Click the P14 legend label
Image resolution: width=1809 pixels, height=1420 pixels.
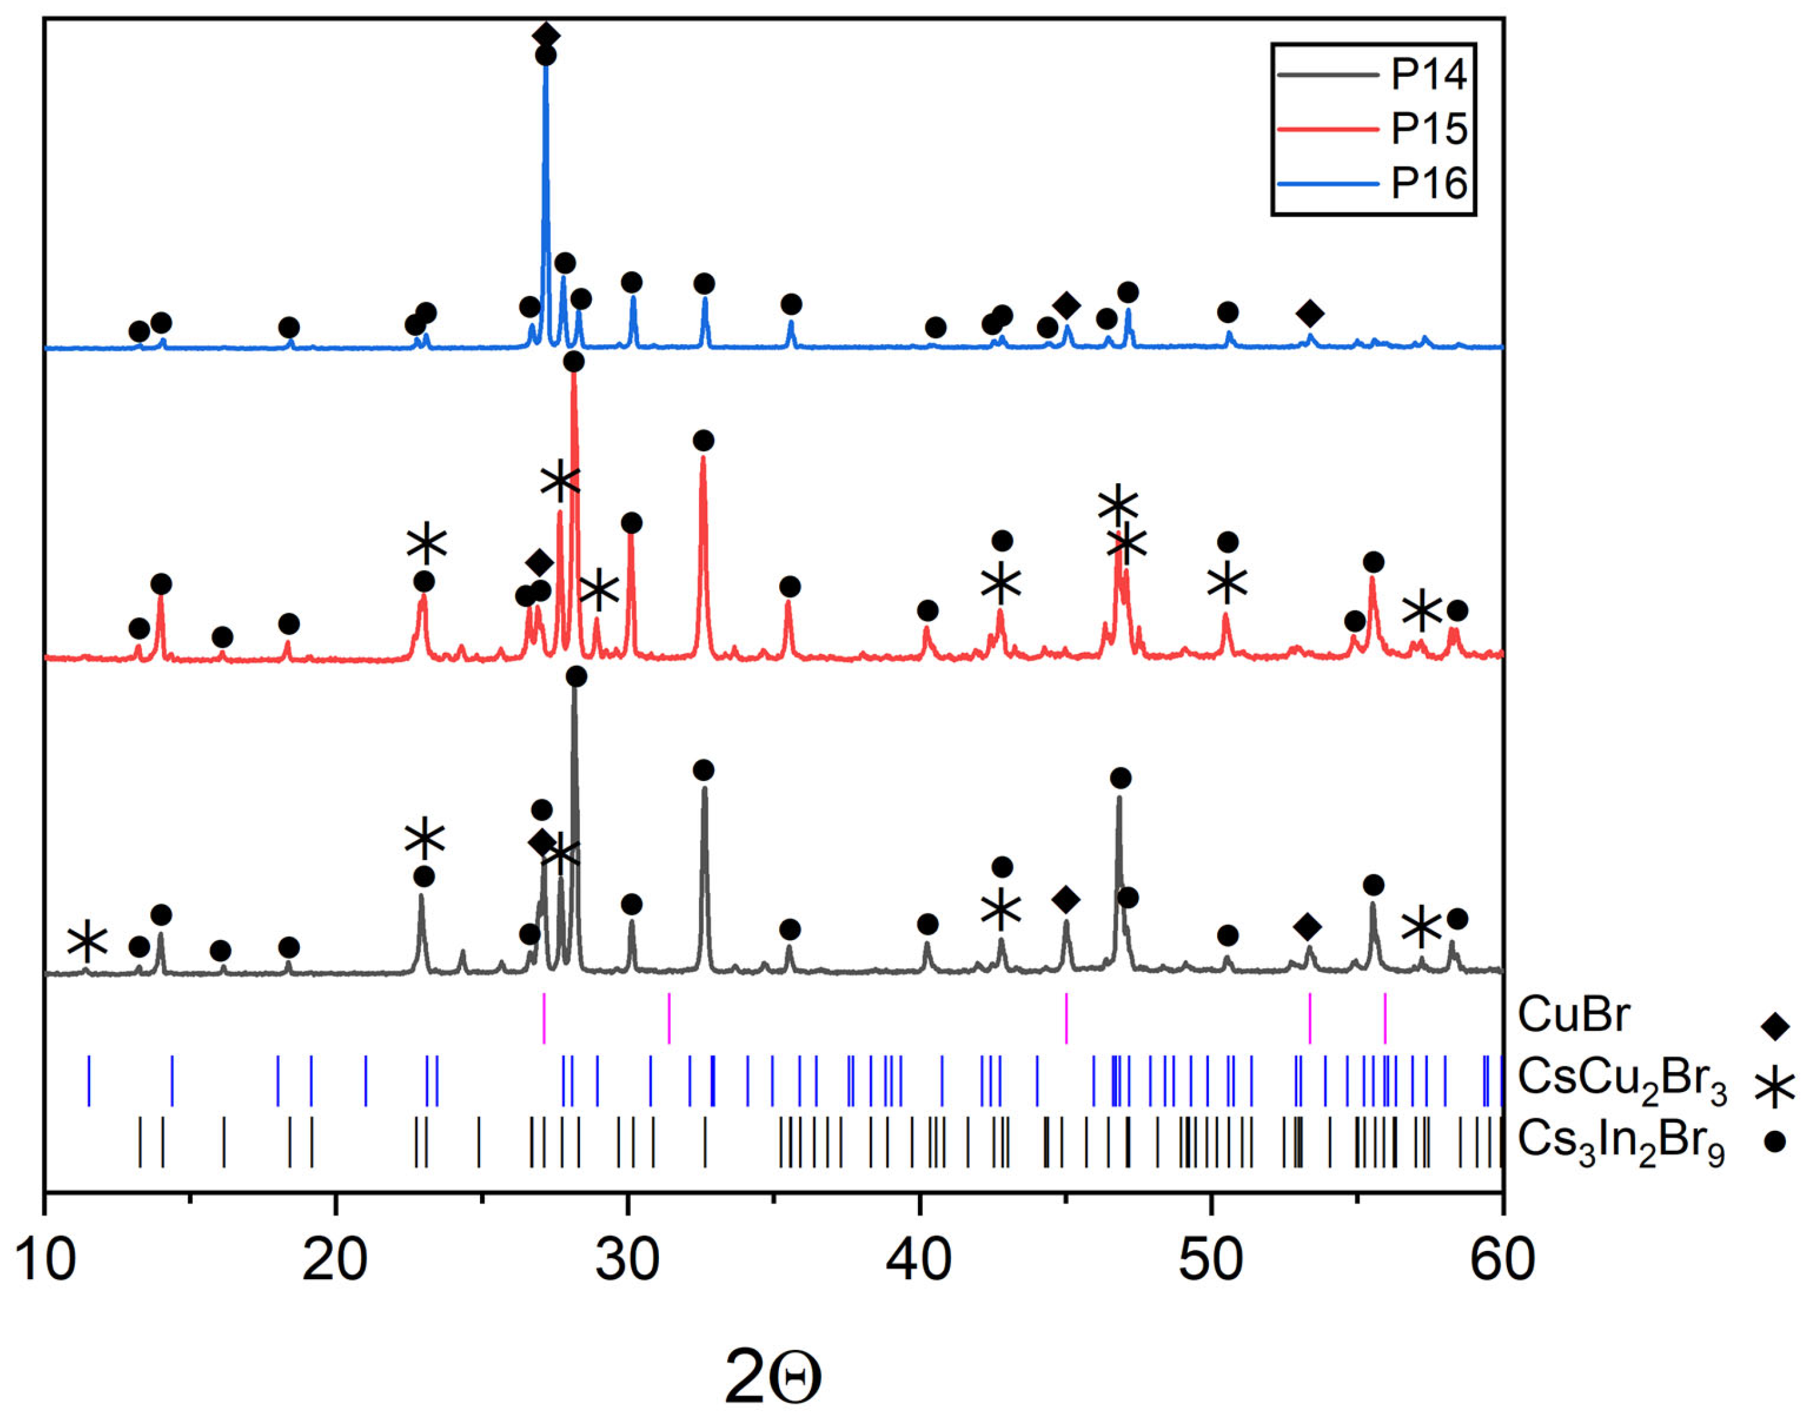click(x=1429, y=75)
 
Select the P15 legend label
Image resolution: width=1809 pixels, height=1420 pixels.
click(x=1429, y=129)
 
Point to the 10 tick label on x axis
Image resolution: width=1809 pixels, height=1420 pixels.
click(x=46, y=1260)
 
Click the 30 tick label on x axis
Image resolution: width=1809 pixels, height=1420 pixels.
click(x=628, y=1260)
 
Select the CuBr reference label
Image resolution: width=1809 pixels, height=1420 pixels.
click(x=1574, y=1015)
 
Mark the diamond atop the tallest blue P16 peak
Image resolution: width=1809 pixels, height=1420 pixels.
click(x=546, y=35)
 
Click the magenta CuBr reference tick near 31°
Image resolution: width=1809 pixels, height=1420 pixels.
click(x=670, y=1018)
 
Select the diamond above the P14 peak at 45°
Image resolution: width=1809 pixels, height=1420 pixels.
click(x=1066, y=899)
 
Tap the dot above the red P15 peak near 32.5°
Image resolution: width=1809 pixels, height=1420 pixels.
click(x=703, y=440)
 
